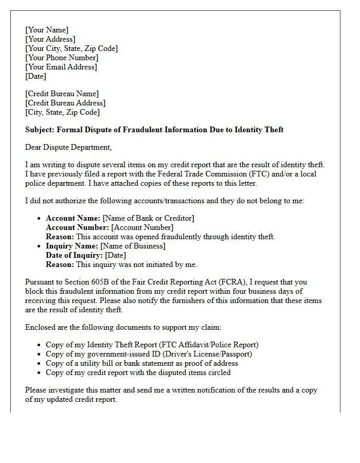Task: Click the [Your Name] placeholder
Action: (47, 30)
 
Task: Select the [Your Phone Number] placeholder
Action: (62, 58)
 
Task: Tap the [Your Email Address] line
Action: (61, 67)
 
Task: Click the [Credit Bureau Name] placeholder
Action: (62, 94)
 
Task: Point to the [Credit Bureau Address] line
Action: (65, 103)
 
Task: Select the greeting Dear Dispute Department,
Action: (68, 147)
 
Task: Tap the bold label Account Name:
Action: (73, 218)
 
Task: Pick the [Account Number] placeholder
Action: (142, 227)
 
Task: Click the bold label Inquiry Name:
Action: (72, 246)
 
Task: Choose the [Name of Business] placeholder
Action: (133, 246)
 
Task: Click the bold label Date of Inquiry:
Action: (74, 255)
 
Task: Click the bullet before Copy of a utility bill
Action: (39, 363)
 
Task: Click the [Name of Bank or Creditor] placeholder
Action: (149, 218)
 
